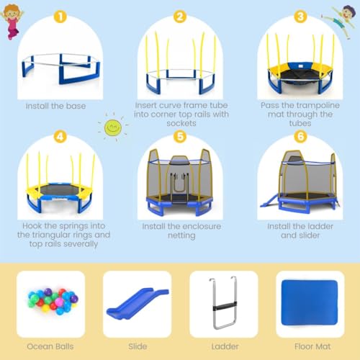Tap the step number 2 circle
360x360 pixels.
pyautogui.click(x=180, y=16)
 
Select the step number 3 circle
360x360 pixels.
pyautogui.click(x=299, y=16)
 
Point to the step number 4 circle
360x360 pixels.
pyautogui.click(x=60, y=135)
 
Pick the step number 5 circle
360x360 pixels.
pyautogui.click(x=180, y=135)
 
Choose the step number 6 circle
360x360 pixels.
pyautogui.click(x=299, y=135)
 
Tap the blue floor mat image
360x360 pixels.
pyautogui.click(x=305, y=301)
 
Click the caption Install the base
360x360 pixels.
pyautogui.click(x=55, y=106)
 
